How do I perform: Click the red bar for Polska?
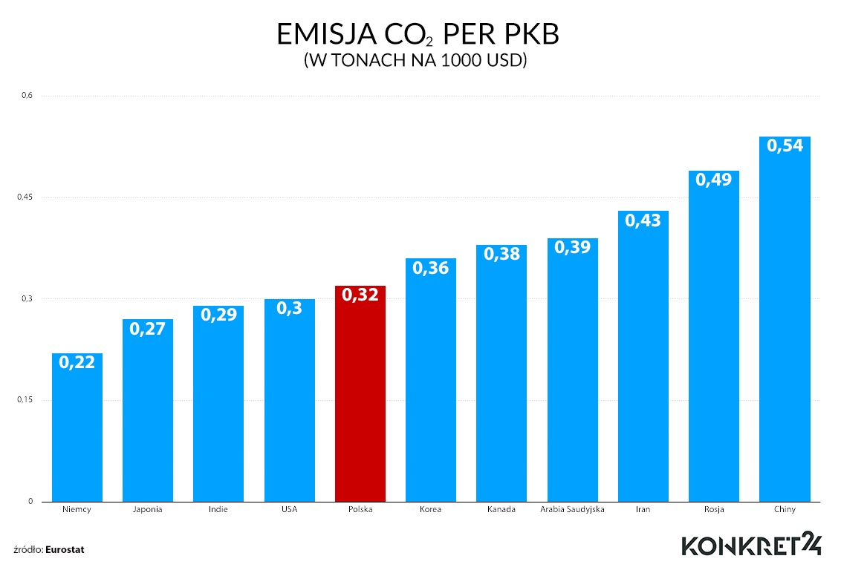point(360,393)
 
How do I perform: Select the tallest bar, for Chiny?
point(785,319)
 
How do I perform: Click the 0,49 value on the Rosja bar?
point(713,180)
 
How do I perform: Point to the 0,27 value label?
point(148,328)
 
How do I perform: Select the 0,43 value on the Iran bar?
point(643,220)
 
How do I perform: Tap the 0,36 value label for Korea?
point(431,268)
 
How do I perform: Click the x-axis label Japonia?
point(148,510)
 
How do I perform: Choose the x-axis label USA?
point(289,510)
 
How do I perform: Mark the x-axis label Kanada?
point(501,510)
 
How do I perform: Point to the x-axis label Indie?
point(218,510)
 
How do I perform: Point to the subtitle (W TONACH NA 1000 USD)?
point(415,62)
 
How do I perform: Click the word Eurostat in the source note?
point(65,550)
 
